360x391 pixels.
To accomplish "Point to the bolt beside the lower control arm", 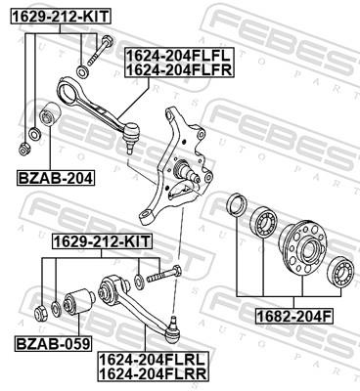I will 167,277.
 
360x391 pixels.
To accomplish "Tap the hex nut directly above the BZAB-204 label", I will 23,149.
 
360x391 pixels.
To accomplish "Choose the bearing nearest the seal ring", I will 263,222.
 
